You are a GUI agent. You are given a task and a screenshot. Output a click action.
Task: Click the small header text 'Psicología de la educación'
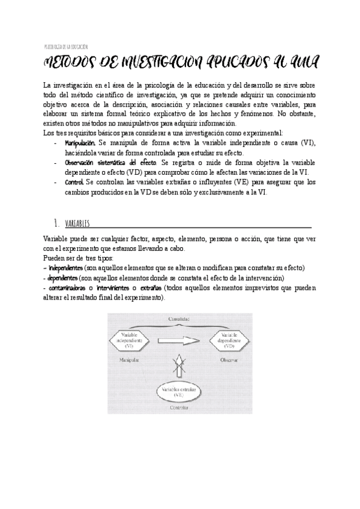click(x=66, y=46)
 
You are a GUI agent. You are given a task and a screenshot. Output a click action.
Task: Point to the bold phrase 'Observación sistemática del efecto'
click(x=110, y=163)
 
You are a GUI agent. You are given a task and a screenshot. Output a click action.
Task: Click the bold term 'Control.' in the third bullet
click(x=74, y=182)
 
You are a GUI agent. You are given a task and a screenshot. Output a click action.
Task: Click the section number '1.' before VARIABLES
click(x=56, y=224)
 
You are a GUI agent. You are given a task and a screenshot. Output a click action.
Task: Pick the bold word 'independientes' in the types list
click(x=65, y=268)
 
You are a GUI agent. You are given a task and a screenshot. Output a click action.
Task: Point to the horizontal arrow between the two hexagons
click(x=180, y=340)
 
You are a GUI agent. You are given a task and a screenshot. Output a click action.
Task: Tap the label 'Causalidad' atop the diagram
click(x=179, y=319)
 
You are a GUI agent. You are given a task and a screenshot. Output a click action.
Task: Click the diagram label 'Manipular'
click(x=127, y=360)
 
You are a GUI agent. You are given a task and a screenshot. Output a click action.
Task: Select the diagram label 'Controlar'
click(x=179, y=408)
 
